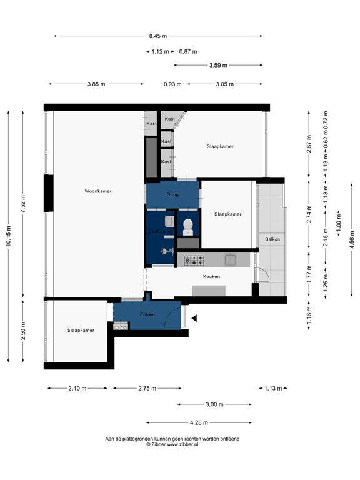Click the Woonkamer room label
(99, 191)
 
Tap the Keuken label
(211, 276)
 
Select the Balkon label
(272, 239)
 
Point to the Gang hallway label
(172, 195)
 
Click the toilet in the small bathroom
(188, 226)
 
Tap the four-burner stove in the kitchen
(194, 259)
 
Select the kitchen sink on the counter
(231, 258)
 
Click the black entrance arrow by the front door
(194, 319)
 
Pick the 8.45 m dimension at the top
(158, 36)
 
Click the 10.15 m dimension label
(8, 236)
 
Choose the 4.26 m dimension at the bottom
(199, 422)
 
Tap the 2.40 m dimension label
(77, 388)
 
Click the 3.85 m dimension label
(96, 84)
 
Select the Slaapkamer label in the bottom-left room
(81, 330)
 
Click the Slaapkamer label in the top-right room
(220, 146)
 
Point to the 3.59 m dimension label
(217, 65)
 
